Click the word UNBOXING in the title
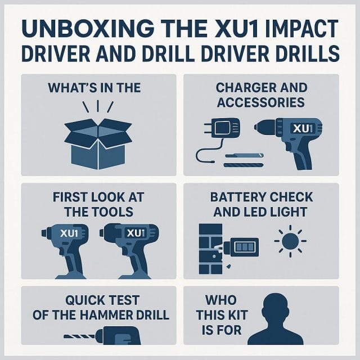coord(73,29)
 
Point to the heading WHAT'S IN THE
coord(98,89)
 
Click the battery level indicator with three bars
coord(244,247)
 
